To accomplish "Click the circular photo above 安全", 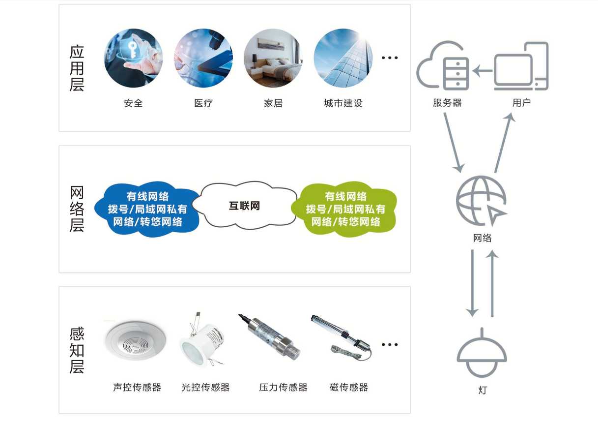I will [x=133, y=58].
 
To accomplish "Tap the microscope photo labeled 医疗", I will [x=203, y=58].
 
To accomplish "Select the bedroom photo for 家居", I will [x=273, y=58].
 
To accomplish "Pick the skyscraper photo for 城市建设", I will [x=343, y=58].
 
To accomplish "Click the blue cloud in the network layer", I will [x=147, y=209].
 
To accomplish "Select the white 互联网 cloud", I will [x=245, y=206].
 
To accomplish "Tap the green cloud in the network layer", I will [x=344, y=209].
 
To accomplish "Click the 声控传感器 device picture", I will [x=136, y=341].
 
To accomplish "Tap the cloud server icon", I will [x=442, y=67].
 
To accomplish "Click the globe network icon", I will [x=481, y=200].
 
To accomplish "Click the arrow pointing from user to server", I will [x=483, y=71].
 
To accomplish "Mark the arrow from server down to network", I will [x=453, y=143].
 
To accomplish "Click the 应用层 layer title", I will [x=77, y=68].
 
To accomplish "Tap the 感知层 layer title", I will [x=77, y=350].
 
